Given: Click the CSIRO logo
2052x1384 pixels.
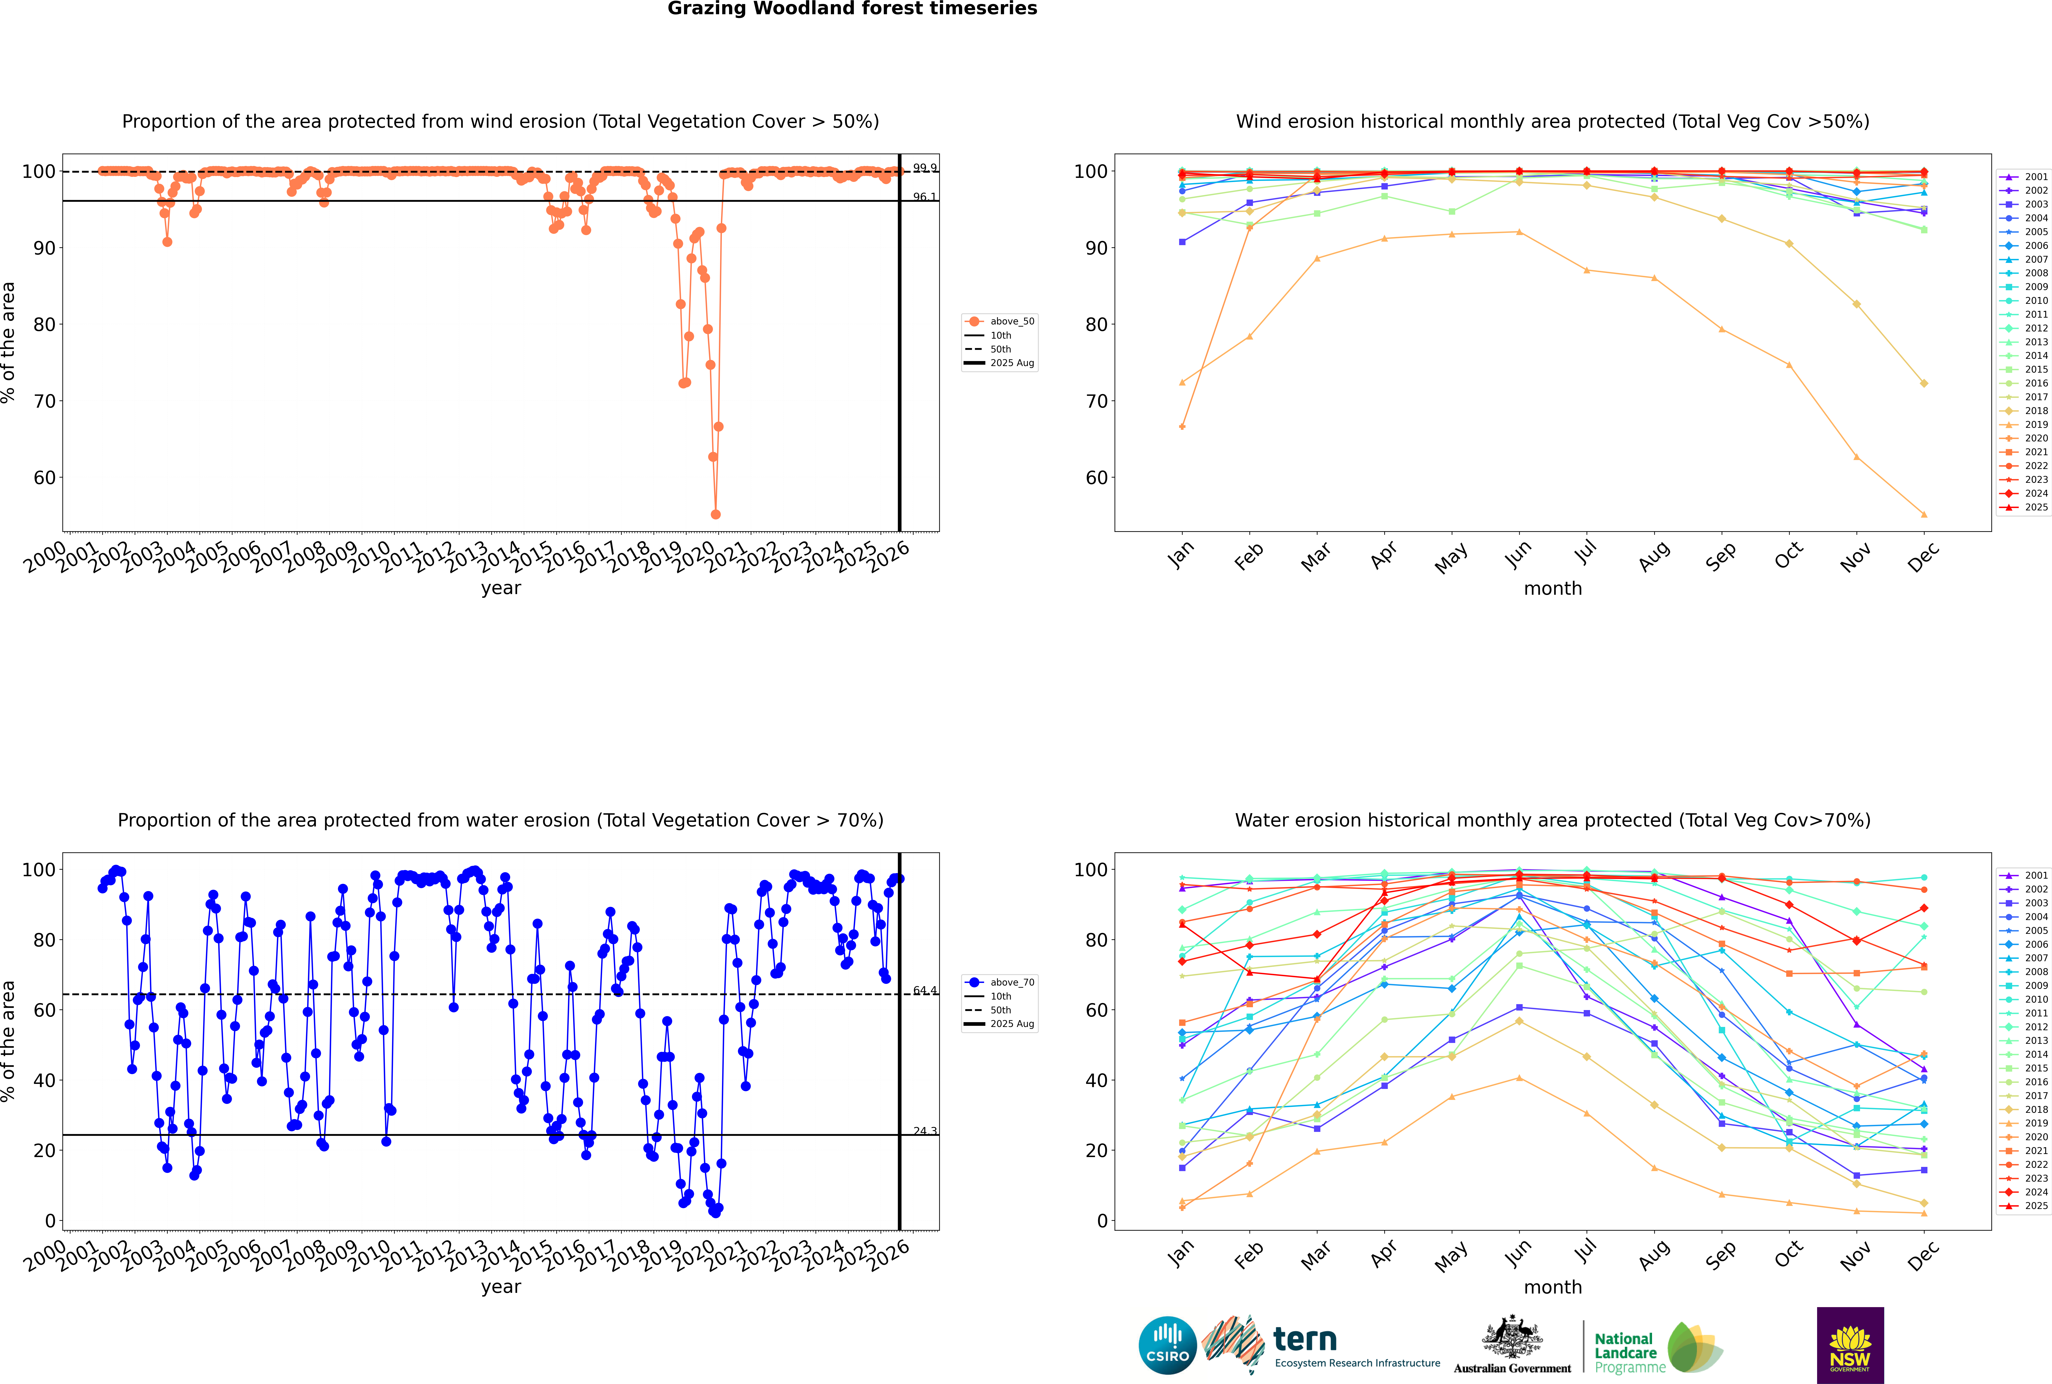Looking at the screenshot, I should (x=1167, y=1345).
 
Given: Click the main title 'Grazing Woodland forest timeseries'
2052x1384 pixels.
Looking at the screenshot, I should (x=852, y=9).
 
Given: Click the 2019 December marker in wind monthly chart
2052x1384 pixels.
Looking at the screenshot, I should (x=1924, y=515).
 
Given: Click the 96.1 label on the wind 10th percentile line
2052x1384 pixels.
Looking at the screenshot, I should (x=925, y=197).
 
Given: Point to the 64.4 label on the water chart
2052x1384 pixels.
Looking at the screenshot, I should (x=925, y=990).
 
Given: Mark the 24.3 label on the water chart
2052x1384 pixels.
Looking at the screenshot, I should (x=925, y=1131).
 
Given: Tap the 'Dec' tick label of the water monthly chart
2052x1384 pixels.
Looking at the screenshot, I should (x=1923, y=1254).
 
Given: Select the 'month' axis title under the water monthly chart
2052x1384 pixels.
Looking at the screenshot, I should (x=1553, y=1287).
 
